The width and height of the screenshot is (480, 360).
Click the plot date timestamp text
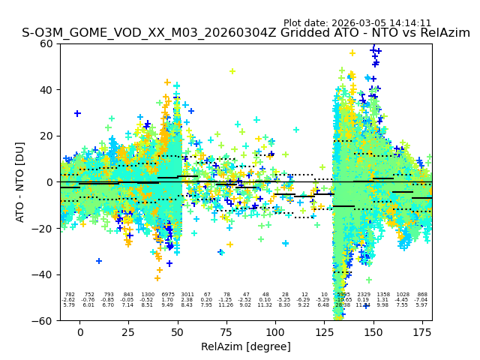tap(357, 23)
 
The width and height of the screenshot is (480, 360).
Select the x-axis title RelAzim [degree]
tap(246, 346)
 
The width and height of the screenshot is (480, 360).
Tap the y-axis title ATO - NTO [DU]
tap(20, 181)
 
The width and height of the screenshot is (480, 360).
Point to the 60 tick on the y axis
tap(47, 43)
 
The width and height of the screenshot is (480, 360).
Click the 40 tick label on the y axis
tap(47, 90)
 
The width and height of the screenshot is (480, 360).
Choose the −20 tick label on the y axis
tap(44, 228)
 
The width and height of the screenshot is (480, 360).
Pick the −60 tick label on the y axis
tap(44, 320)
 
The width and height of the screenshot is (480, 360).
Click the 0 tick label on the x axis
tap(80, 332)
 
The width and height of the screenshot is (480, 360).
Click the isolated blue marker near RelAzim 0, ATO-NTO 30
tap(77, 113)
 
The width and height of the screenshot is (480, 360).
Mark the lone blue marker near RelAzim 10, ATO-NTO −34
tap(99, 261)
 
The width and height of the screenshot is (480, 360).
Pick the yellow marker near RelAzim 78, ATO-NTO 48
tap(232, 71)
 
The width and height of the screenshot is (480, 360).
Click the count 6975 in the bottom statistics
tap(167, 295)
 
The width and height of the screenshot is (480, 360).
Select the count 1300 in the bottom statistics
tap(148, 295)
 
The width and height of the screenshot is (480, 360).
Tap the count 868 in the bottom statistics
tap(422, 295)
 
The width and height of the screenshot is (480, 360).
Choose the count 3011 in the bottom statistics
tap(187, 295)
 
